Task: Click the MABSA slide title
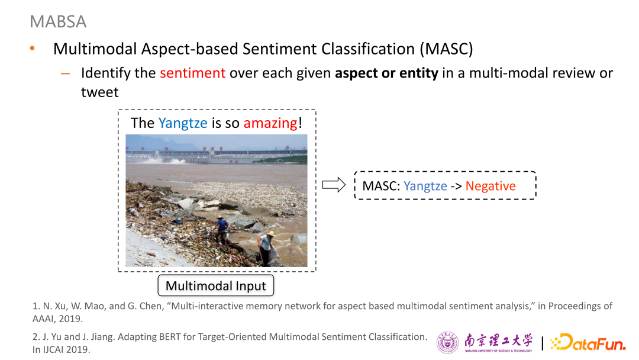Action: [58, 21]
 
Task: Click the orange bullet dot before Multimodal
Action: [33, 49]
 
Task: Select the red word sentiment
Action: [192, 73]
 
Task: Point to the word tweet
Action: [99, 92]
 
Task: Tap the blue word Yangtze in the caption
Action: [183, 123]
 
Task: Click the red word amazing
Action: [270, 123]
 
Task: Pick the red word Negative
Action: [490, 186]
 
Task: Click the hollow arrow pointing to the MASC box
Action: [334, 185]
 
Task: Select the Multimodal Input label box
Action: [215, 286]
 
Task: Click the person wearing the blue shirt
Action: [222, 229]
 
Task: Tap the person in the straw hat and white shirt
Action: [266, 247]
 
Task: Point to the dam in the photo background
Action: [216, 155]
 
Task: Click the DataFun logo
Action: [588, 342]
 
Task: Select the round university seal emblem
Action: [447, 342]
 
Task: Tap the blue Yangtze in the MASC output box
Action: [425, 186]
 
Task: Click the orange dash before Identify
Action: [65, 74]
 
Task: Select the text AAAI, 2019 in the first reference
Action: [57, 319]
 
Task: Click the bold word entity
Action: [419, 73]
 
